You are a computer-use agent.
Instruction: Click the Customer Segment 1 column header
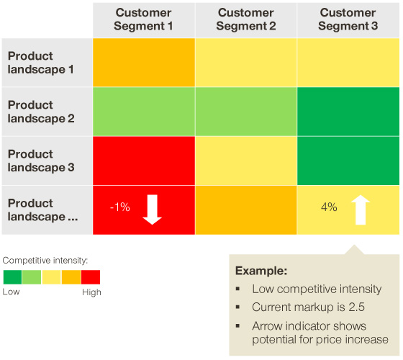tap(144, 19)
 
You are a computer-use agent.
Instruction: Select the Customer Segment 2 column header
tap(246, 19)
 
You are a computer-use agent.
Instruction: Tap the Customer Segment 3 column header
tap(348, 19)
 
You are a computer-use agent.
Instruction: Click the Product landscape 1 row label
tap(40, 63)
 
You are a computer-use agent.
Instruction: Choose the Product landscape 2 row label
tap(41, 112)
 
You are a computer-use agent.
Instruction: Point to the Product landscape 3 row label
tap(41, 161)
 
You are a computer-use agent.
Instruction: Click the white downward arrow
tap(153, 210)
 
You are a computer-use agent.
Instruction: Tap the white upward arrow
tap(361, 210)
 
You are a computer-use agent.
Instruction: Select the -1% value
tap(120, 207)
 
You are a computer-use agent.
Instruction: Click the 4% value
tap(329, 207)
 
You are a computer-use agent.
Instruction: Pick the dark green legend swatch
tap(12, 277)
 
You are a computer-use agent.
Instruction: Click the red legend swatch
tap(91, 277)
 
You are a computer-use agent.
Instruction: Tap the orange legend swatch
tap(71, 277)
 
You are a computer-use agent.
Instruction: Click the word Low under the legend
tap(11, 292)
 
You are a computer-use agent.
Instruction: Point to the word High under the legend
tap(91, 292)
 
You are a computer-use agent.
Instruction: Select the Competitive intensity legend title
tap(45, 261)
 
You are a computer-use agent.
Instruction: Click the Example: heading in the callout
tap(261, 271)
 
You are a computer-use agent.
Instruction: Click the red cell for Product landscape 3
tap(144, 161)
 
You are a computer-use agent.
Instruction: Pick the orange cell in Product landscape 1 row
tap(144, 63)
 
